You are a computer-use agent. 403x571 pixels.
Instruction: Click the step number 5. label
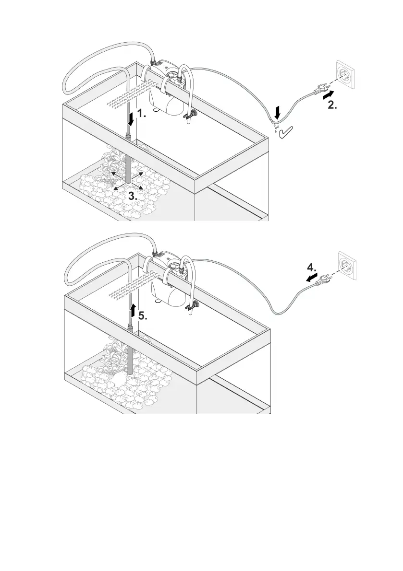pos(143,316)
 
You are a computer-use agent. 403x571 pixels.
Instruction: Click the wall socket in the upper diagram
pos(345,75)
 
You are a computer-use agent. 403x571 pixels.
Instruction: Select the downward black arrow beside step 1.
pos(131,116)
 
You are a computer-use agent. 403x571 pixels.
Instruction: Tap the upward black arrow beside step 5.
pos(133,309)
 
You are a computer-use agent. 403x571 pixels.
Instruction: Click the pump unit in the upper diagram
pos(166,89)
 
